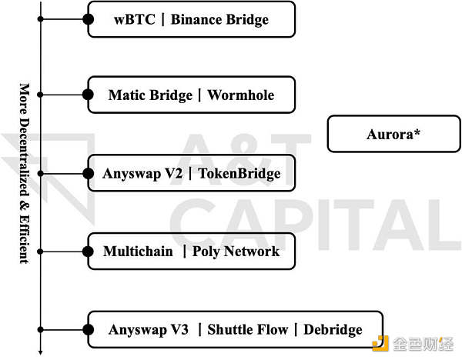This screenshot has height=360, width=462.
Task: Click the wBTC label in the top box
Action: click(132, 19)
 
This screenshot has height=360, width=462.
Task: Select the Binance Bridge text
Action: click(219, 19)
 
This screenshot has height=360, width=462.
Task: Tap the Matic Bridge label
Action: click(150, 95)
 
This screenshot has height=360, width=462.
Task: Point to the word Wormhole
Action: click(241, 95)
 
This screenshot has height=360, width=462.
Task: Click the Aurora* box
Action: click(393, 134)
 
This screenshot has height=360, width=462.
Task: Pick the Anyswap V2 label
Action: click(142, 174)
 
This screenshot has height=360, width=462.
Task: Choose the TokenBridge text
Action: click(239, 174)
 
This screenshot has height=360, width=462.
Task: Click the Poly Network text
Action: click(236, 252)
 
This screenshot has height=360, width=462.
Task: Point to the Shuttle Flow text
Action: click(247, 330)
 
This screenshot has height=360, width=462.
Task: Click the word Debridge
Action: click(333, 330)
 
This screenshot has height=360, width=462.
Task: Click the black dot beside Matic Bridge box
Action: click(89, 95)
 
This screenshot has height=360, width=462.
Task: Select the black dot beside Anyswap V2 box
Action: click(89, 173)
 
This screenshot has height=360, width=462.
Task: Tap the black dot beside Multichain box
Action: click(89, 251)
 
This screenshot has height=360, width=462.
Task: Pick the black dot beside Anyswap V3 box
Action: click(89, 329)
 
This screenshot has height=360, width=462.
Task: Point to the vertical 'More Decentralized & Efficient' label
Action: click(24, 173)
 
